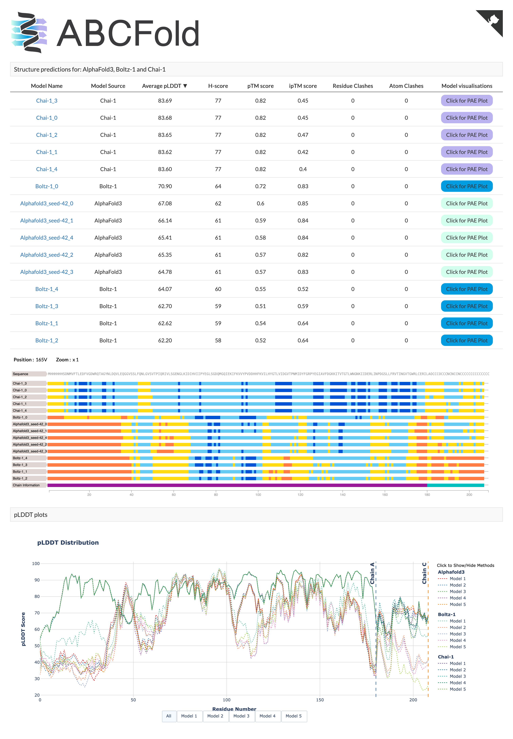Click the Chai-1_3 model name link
click(47, 101)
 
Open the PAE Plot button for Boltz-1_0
click(466, 186)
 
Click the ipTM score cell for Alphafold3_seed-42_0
click(303, 203)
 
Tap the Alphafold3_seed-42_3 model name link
click(47, 272)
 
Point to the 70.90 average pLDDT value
click(165, 186)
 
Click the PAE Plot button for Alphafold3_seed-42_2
click(466, 255)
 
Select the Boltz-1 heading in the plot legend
click(446, 614)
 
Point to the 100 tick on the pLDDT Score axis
click(36, 563)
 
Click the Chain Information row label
click(26, 485)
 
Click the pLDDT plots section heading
click(31, 514)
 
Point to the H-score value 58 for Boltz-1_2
click(218, 340)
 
